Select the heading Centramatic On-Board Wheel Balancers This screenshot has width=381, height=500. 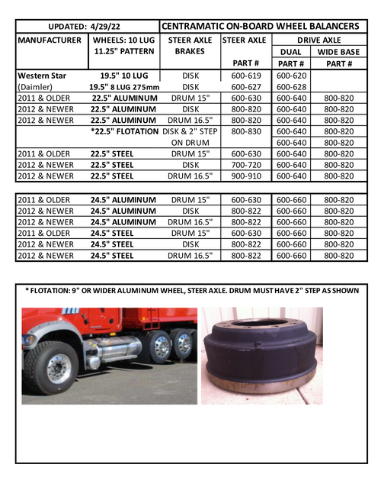[260, 25]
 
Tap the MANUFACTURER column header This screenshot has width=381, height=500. [50, 39]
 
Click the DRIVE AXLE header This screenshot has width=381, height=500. [318, 39]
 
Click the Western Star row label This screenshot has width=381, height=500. [44, 76]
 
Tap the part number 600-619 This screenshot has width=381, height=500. [244, 76]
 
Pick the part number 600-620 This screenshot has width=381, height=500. [291, 76]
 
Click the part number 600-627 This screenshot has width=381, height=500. [244, 87]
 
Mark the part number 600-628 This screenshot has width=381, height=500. [291, 87]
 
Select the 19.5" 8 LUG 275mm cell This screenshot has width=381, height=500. [123, 87]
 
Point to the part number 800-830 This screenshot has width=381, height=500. [244, 131]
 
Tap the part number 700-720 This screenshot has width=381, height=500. [244, 164]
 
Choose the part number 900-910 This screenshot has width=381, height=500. [244, 176]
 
